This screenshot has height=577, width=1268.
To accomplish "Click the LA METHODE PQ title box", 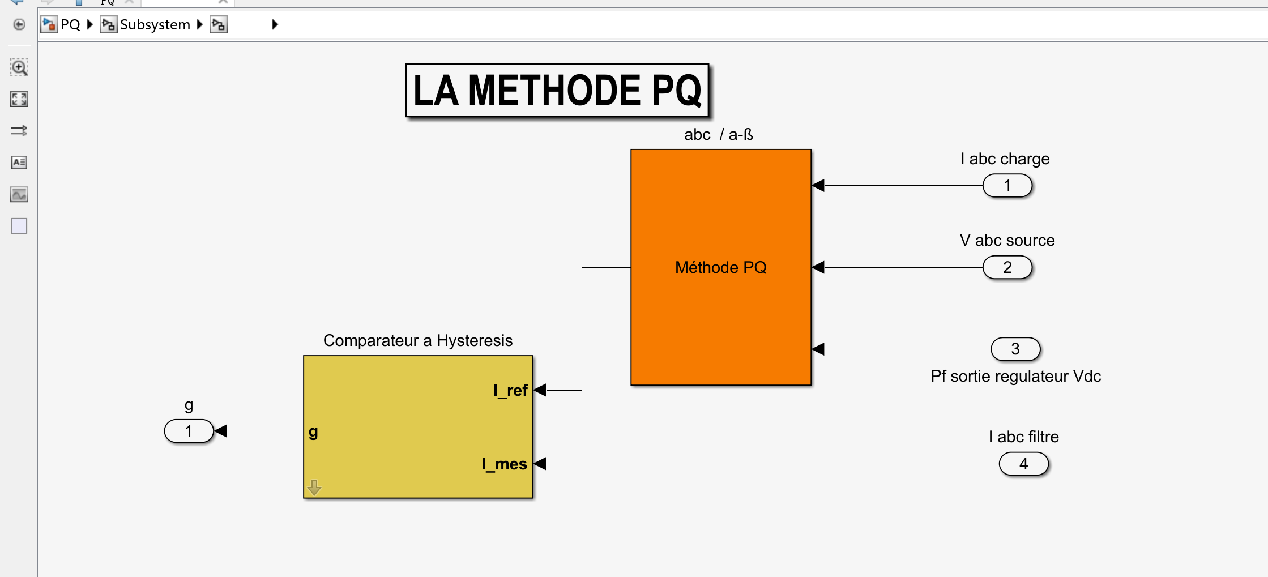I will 557,91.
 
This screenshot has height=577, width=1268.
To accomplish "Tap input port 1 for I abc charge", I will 1007,186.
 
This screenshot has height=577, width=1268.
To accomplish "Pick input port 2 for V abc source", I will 1007,267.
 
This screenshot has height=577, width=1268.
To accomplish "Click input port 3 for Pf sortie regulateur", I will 1015,349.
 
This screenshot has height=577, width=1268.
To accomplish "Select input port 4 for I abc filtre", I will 1023,464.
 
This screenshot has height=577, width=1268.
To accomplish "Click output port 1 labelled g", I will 189,431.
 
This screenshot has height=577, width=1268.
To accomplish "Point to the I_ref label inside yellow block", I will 510,390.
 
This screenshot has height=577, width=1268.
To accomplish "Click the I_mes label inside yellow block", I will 504,464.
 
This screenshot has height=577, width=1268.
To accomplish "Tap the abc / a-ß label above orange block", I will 718,135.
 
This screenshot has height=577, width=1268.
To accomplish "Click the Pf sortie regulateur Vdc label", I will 1015,377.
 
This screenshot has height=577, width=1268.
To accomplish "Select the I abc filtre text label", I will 1023,437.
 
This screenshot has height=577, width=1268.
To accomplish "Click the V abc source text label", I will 1007,240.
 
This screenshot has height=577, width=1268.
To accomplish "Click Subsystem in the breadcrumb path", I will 155,25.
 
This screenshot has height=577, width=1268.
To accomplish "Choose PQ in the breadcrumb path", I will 70,25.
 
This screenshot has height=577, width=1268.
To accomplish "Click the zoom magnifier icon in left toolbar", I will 19,68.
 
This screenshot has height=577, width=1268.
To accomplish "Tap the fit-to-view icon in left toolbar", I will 19,100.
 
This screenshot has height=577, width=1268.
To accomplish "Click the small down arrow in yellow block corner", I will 314,487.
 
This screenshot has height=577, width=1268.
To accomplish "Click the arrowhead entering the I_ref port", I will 540,390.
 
